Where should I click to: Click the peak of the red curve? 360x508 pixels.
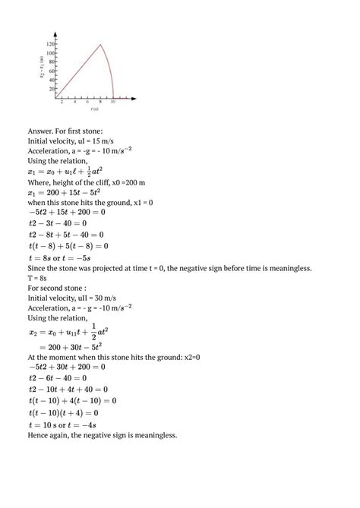101,45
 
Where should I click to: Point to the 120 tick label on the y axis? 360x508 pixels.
51,44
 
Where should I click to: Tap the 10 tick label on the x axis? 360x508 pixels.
113,102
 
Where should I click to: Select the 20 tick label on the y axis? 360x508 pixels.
52,89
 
